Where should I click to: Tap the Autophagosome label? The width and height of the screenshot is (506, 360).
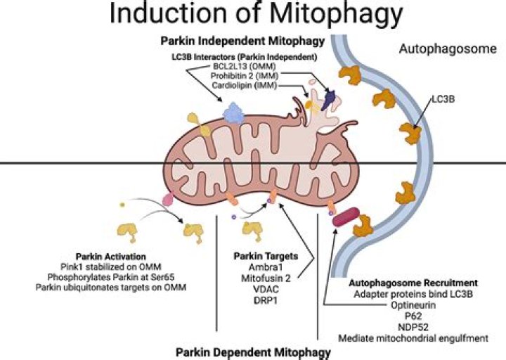(448, 49)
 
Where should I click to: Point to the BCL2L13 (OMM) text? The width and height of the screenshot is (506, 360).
(244, 67)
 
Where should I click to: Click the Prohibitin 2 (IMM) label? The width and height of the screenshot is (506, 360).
(245, 76)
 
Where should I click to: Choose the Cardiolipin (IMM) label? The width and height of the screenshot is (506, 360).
(245, 86)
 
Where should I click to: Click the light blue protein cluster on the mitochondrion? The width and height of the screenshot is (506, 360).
(234, 113)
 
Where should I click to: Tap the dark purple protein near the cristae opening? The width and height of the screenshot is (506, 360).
(330, 97)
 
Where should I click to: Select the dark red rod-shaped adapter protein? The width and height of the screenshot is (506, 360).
(346, 217)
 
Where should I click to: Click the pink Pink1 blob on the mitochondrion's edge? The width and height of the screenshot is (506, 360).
(168, 200)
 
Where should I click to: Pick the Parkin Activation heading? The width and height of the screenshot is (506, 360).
(111, 257)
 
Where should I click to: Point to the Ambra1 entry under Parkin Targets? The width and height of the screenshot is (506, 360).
(266, 267)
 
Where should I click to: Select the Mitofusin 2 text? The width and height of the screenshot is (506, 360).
(266, 278)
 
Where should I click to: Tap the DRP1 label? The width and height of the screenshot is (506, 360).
(266, 301)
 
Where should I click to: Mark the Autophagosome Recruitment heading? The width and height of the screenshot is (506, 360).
(413, 283)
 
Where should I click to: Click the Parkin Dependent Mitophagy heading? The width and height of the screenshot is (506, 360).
(253, 352)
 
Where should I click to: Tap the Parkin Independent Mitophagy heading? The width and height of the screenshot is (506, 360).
(242, 41)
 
